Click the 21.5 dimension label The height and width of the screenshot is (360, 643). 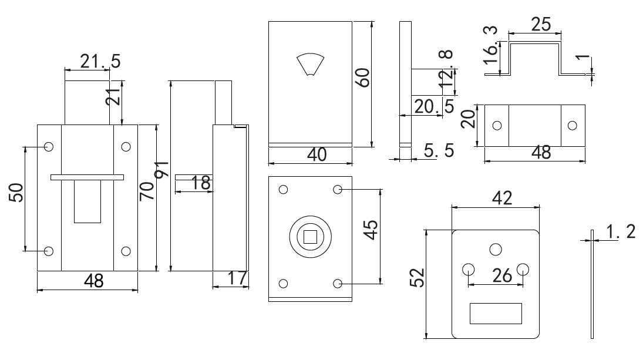pyautogui.click(x=100, y=61)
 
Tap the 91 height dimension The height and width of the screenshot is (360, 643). pyautogui.click(x=162, y=169)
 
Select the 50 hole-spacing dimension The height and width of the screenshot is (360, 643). pyautogui.click(x=16, y=193)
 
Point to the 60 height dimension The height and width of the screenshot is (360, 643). pyautogui.click(x=363, y=78)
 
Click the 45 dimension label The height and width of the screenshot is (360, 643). pyautogui.click(x=371, y=230)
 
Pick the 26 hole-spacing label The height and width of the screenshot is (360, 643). pyautogui.click(x=502, y=276)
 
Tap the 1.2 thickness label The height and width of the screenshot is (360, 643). pyautogui.click(x=620, y=231)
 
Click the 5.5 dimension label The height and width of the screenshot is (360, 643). pyautogui.click(x=439, y=150)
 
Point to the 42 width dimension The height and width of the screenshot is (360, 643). pyautogui.click(x=502, y=198)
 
